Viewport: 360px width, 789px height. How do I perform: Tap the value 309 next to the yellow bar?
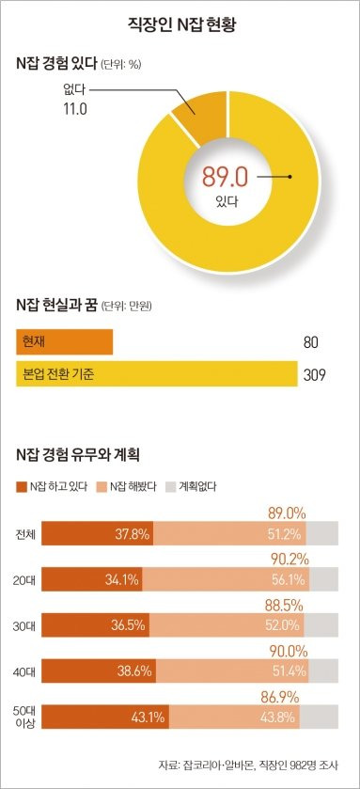pos(314,376)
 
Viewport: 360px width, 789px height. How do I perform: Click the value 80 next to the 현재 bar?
pos(311,342)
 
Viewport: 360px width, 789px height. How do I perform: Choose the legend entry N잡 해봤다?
pos(133,486)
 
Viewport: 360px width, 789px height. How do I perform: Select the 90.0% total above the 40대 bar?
pos(289,651)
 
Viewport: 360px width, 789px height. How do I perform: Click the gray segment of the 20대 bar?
pos(325,579)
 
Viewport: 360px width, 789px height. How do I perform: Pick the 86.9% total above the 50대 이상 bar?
pos(288,697)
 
